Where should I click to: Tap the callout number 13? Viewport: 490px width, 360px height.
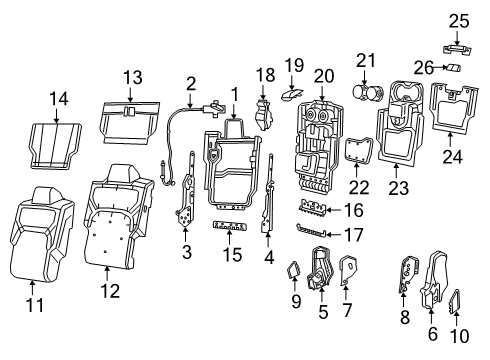(x=130, y=77)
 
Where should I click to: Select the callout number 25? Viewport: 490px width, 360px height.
(x=458, y=21)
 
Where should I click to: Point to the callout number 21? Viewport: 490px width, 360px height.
(x=366, y=61)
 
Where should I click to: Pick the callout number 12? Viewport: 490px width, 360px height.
(x=112, y=291)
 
